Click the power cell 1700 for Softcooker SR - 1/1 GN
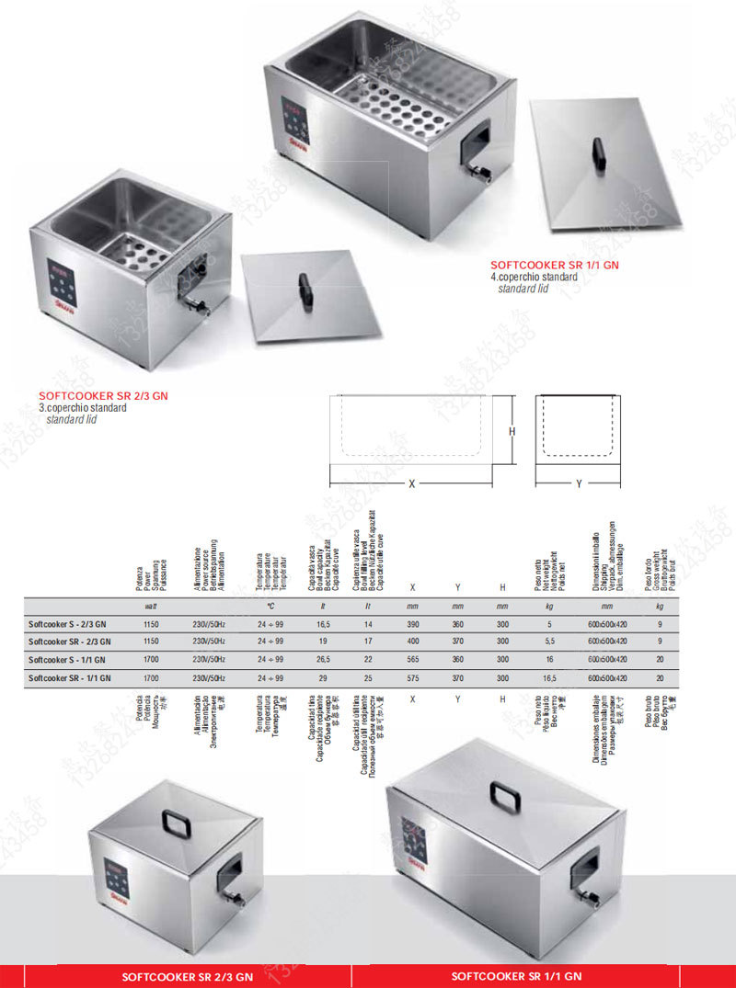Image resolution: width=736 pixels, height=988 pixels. pos(152,677)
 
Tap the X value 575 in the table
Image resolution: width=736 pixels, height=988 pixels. pos(412,677)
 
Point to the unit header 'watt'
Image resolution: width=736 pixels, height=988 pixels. pos(152,607)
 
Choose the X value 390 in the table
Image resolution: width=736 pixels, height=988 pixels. pos(412,624)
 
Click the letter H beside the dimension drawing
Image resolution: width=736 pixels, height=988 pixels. pos(512,431)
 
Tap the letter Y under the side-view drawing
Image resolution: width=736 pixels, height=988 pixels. pos(579,483)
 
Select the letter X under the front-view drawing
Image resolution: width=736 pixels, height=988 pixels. pos(411,483)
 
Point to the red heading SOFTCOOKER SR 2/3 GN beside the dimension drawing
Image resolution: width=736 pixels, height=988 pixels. pos(103,396)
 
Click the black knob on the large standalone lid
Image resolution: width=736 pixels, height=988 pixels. pos(599,152)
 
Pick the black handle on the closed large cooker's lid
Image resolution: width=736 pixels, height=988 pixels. pos(505,795)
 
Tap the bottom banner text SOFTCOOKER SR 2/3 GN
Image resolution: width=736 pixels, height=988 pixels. pos(187,977)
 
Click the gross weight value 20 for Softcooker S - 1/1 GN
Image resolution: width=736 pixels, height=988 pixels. pos(660,660)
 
